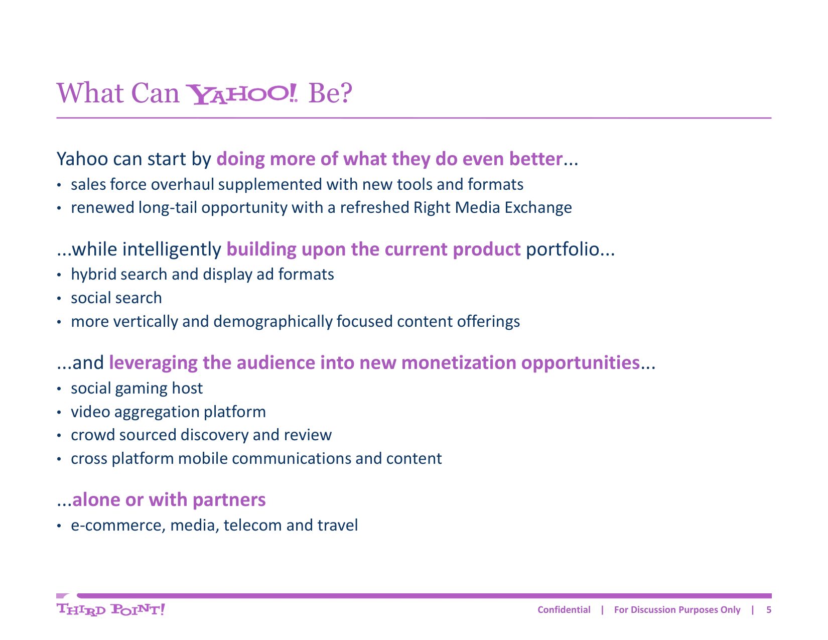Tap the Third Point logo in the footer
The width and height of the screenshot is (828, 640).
point(110,609)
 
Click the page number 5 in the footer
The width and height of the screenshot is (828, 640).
point(769,610)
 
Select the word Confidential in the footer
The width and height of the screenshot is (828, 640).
point(564,610)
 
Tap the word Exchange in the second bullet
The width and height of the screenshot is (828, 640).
point(538,208)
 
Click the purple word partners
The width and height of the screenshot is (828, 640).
point(229,500)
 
